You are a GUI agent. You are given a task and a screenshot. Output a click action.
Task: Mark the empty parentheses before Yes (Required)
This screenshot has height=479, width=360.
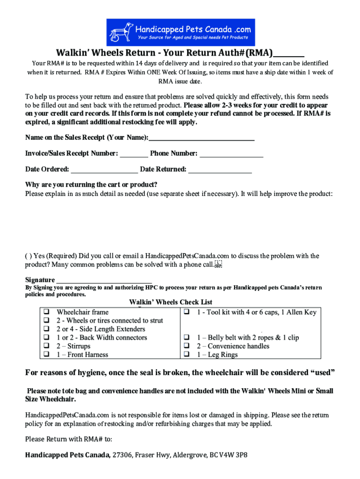point(28,256)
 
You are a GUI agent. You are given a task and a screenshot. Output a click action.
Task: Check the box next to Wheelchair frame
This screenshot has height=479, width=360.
point(47,312)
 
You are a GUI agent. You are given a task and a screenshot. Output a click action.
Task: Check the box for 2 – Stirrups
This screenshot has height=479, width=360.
point(47,346)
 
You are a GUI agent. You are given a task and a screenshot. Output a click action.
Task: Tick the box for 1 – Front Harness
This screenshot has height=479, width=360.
point(47,355)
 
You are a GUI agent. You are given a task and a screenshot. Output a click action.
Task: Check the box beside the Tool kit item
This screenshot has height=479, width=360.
point(187,312)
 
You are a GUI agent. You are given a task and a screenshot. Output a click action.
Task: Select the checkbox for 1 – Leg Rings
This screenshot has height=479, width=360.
point(187,355)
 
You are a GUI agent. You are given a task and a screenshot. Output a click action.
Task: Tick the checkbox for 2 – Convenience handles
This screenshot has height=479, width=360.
point(187,346)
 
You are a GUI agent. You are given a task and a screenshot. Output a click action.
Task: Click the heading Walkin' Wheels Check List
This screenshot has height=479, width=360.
point(171,302)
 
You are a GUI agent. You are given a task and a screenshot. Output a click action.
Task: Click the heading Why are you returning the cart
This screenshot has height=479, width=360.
point(91,184)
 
